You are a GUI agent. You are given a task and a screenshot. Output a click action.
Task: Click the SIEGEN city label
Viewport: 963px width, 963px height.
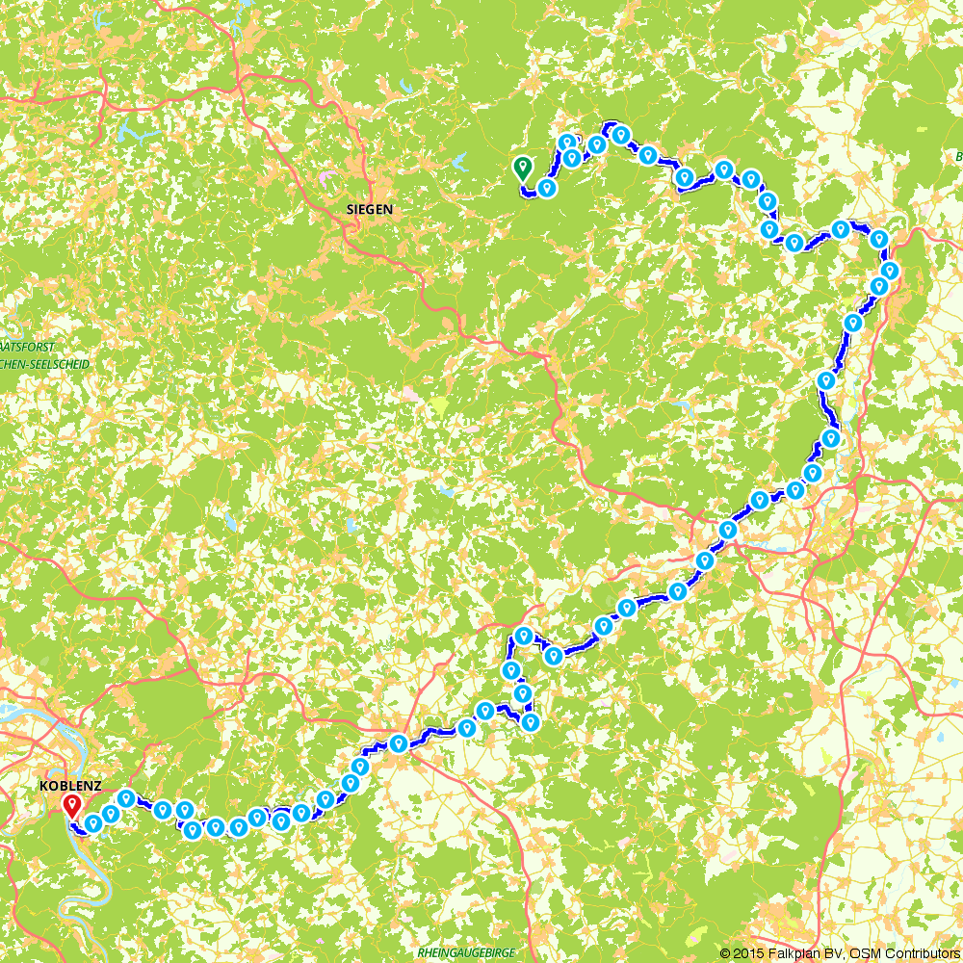pos(370,208)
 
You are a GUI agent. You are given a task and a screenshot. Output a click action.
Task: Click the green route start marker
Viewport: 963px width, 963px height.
pos(522,169)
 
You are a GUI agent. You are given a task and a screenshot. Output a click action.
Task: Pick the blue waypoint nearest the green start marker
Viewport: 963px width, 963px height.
pos(547,187)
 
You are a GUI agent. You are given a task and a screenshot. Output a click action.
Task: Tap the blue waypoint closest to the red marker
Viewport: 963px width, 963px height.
pos(92,823)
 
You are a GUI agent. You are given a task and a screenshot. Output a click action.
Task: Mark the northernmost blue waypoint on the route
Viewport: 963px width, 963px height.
pos(621,134)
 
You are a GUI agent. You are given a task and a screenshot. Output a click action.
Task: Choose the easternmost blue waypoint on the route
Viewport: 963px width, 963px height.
pos(890,270)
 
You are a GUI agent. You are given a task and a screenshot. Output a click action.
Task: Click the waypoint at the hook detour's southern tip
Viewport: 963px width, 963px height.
pos(529,721)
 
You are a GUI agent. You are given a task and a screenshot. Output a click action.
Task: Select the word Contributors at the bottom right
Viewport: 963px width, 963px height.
pos(916,952)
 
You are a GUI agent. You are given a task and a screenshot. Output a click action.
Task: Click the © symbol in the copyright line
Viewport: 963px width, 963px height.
pos(726,952)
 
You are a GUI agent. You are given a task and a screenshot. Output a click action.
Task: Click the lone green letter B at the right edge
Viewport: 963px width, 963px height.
pos(958,156)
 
